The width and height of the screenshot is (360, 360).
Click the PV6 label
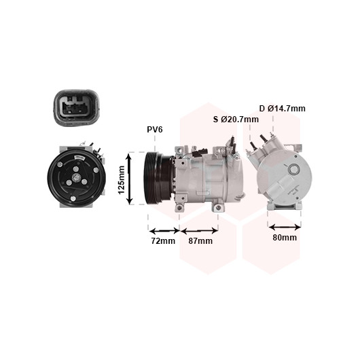[154, 130]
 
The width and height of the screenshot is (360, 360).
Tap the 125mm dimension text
[121, 180]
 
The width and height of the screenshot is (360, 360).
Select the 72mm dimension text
[163, 241]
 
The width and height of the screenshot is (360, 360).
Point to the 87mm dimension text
[200, 241]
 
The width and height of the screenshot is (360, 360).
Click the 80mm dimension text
[285, 238]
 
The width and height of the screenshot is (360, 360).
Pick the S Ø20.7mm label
[236, 120]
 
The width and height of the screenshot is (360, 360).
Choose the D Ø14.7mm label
[283, 109]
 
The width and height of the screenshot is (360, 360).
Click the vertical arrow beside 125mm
[130, 179]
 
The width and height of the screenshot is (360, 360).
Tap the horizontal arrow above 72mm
[164, 230]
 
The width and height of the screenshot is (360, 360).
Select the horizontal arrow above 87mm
[199, 230]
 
